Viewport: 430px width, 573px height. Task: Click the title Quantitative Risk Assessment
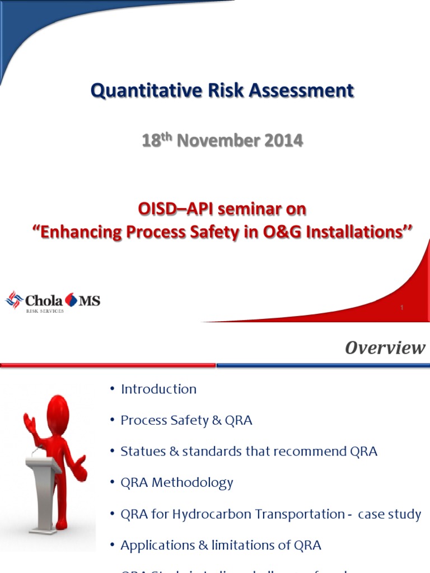222,91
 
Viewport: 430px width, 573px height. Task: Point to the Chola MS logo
53,300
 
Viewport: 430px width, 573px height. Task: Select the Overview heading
385,348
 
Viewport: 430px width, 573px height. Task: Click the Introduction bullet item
158,389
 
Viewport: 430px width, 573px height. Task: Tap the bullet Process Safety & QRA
186,420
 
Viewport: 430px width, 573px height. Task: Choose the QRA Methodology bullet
177,482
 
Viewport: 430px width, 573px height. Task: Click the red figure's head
57,413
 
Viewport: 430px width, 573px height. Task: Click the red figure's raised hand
29,422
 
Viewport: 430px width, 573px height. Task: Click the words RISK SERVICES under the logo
45,311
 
